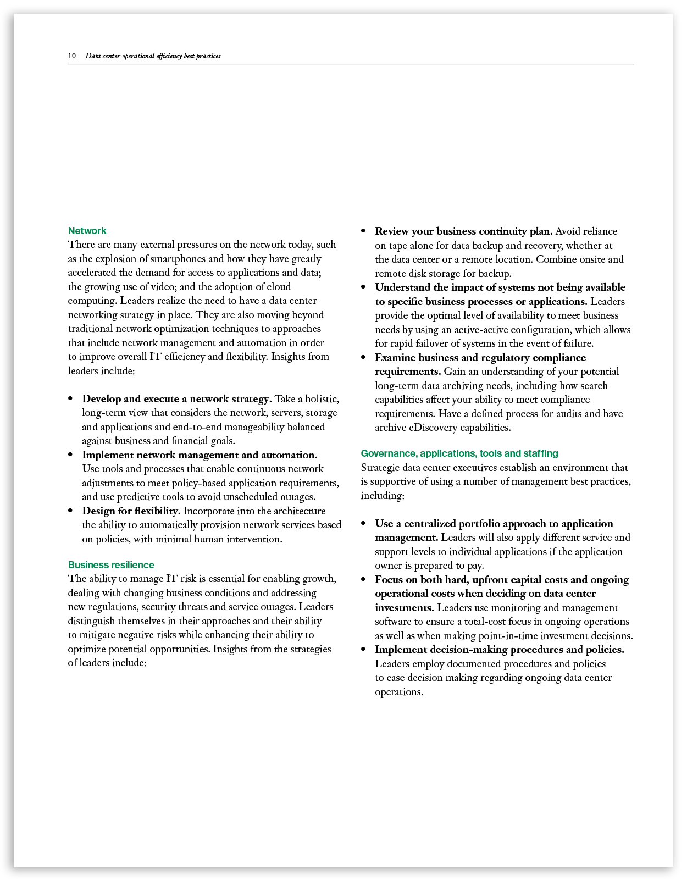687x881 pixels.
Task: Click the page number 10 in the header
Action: [72, 56]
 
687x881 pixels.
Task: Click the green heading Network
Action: [87, 231]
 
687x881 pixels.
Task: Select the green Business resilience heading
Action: [111, 565]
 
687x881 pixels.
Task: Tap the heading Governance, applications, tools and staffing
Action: [459, 453]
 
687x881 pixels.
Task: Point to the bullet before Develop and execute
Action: [70, 399]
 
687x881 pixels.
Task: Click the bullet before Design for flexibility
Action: [70, 511]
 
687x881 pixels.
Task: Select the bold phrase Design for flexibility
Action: [131, 511]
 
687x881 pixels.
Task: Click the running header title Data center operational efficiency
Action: [153, 56]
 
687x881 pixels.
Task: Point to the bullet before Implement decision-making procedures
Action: [363, 650]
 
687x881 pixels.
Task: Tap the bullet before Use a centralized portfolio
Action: [363, 524]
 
